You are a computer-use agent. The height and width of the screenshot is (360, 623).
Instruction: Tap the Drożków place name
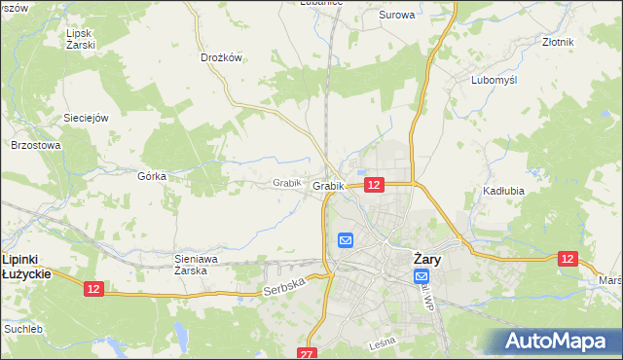point(221,57)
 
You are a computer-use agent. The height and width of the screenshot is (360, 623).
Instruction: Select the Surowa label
point(396,15)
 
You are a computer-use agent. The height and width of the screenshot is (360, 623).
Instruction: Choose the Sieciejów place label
point(85,117)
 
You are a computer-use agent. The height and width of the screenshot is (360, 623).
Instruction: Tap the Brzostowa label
point(35,145)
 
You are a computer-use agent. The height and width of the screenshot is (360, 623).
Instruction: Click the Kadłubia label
point(503,191)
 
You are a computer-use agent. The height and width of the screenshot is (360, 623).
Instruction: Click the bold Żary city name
point(428,259)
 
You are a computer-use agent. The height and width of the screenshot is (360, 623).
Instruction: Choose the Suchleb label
point(22,329)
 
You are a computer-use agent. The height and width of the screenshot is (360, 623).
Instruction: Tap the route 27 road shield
point(309,353)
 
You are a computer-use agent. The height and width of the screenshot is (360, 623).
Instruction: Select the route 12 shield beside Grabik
point(374,184)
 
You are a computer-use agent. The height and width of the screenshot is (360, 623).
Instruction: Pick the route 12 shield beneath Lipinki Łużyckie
point(92,289)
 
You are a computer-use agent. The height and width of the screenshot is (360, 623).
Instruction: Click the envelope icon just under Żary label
point(421,277)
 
